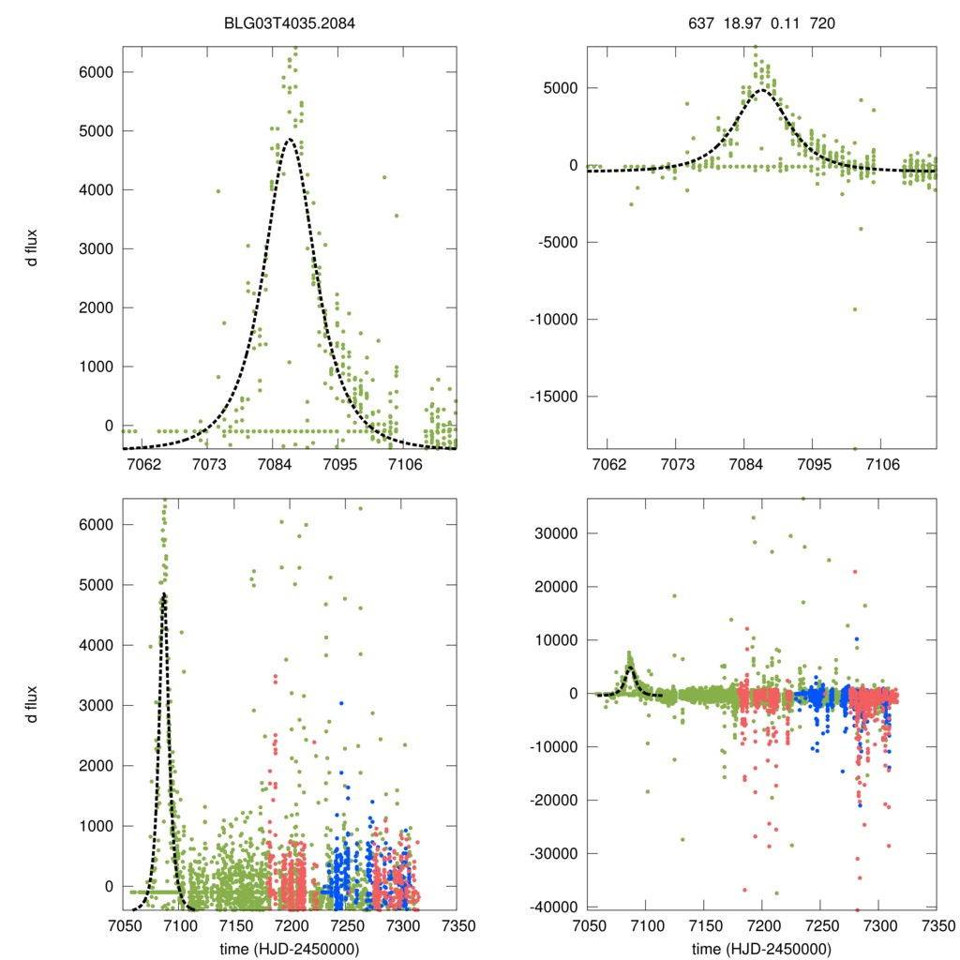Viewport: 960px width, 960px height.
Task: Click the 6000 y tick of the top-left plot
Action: click(x=97, y=72)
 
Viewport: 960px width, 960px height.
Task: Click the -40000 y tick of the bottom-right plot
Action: click(x=553, y=907)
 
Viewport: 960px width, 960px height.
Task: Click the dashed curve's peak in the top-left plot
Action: click(x=290, y=140)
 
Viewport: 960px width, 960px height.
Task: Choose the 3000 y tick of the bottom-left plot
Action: click(x=97, y=706)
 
